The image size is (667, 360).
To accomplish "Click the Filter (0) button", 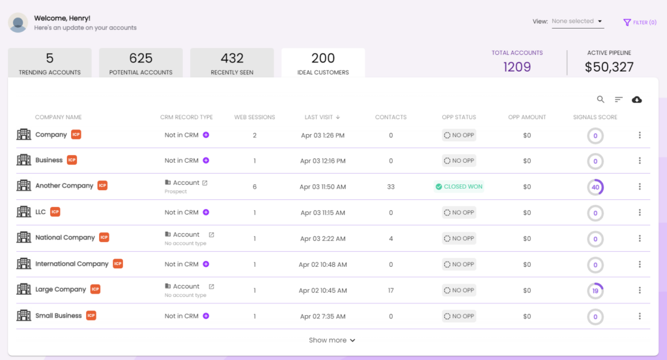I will [x=640, y=22].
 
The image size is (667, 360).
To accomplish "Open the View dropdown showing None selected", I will [x=577, y=21].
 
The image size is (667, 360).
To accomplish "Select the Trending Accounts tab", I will [x=50, y=64].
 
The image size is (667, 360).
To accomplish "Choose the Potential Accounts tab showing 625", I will [x=141, y=64].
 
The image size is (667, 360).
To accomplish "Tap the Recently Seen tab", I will [x=232, y=64].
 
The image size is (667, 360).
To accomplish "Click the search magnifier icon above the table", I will [x=601, y=100].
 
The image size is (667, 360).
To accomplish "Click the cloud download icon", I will [x=637, y=100].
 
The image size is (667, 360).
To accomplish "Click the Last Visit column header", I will [x=322, y=117].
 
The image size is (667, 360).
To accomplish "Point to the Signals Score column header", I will [x=595, y=117].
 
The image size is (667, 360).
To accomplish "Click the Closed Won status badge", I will [x=459, y=187].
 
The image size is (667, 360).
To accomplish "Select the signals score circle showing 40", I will [x=595, y=187].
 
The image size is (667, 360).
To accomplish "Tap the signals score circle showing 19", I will [x=595, y=291].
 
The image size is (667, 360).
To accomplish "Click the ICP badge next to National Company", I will [x=104, y=238].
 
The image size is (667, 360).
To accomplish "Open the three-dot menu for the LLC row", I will [x=640, y=213].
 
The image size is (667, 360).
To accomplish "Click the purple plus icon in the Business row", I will [x=206, y=161].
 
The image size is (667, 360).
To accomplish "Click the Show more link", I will [x=332, y=340].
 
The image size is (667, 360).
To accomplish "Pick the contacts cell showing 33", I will [x=391, y=187].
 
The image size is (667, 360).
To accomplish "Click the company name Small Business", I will [x=59, y=316].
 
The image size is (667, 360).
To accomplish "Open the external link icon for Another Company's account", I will [x=205, y=183].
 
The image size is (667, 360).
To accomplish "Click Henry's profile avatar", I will [x=18, y=23].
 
